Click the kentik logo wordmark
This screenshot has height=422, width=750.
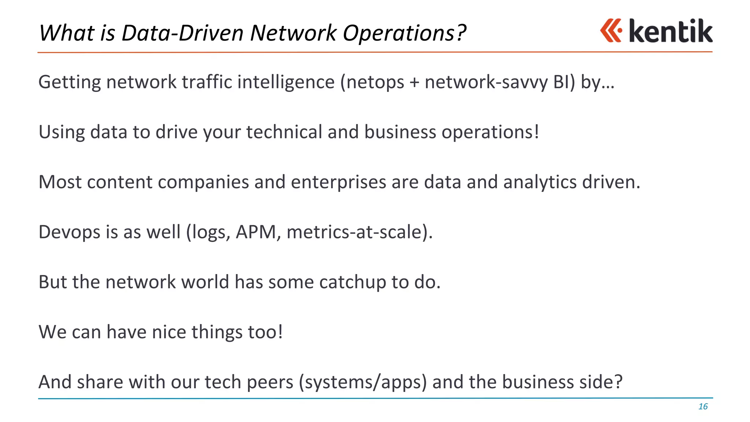[x=670, y=31]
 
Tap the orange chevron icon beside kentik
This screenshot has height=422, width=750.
[x=610, y=31]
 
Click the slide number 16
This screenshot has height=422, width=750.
[x=703, y=407]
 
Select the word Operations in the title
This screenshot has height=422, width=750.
[x=404, y=33]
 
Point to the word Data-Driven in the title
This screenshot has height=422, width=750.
[x=182, y=33]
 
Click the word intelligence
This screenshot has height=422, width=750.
[x=286, y=82]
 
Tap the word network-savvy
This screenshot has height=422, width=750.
[x=486, y=82]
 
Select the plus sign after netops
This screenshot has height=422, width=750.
[x=414, y=82]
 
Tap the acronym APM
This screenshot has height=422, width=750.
[x=256, y=232]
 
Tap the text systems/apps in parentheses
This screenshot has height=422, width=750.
[x=363, y=382]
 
